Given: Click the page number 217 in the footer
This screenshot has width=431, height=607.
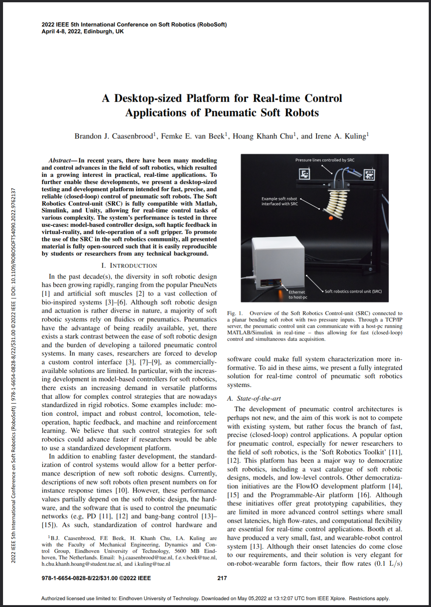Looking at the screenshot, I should coord(222,578).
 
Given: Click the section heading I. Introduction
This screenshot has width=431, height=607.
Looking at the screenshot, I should coord(129,266).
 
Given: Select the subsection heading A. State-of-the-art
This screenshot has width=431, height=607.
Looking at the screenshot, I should coord(254,398).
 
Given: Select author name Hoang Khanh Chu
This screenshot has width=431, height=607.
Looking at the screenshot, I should coord(264,136).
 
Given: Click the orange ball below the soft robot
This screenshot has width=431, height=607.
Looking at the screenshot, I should coord(331,218).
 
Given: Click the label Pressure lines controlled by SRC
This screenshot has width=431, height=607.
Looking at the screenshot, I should coord(325,160).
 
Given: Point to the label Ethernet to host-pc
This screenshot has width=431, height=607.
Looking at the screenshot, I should coord(298,294).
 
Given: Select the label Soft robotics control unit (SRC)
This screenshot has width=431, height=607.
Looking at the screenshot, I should coord(353,291).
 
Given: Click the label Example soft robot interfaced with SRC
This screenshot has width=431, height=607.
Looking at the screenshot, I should coord(280,201).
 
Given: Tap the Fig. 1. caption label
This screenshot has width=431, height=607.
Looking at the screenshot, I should coord(235,313).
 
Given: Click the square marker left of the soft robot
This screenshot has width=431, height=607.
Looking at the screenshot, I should coord(304,174).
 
